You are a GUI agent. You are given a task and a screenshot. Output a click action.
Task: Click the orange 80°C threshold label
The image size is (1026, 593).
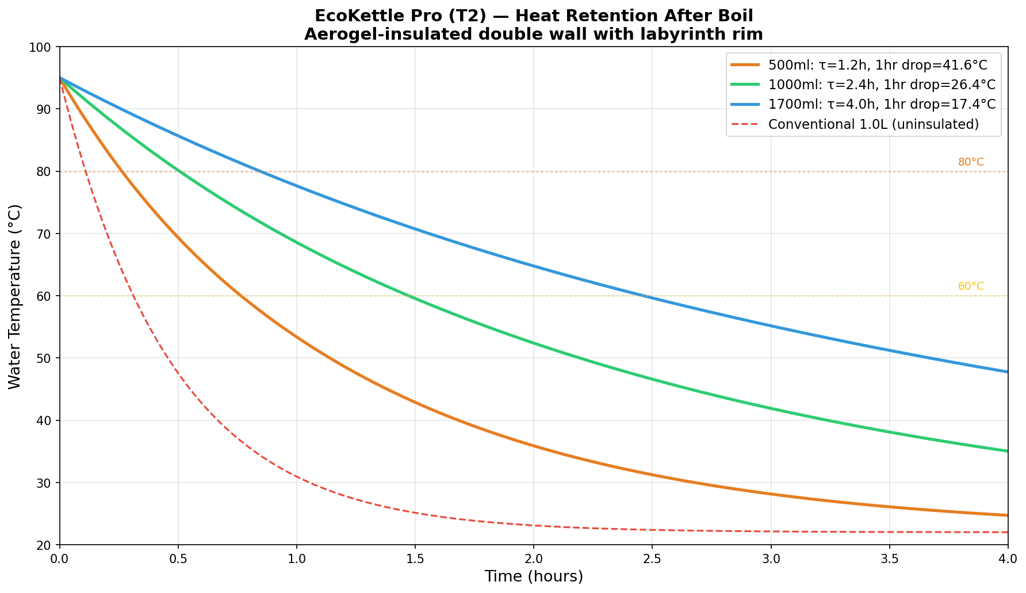971,162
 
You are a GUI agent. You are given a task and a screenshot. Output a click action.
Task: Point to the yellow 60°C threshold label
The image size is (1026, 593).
971,286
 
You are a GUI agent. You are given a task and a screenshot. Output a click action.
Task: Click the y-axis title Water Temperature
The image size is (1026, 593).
15,296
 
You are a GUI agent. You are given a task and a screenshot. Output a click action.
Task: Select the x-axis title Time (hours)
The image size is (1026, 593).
534,576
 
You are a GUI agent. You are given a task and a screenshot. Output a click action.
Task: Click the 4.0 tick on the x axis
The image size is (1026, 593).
1008,558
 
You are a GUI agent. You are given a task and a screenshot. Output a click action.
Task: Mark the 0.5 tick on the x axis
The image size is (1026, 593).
178,558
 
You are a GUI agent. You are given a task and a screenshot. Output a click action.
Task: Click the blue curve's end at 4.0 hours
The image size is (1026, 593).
1007,372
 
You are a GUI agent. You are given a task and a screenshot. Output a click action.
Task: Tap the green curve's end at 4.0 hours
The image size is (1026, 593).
1007,451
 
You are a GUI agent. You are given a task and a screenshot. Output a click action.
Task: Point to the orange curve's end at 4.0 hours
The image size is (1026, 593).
1007,515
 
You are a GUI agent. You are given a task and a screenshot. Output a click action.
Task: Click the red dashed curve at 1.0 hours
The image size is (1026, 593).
297,477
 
